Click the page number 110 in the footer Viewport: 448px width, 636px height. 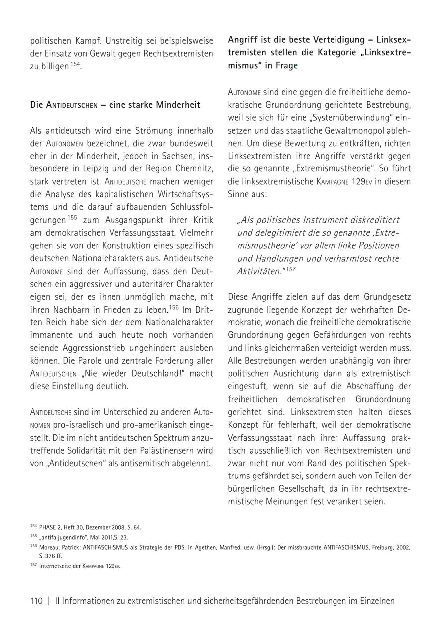click(x=37, y=601)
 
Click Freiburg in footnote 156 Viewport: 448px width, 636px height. click(x=380, y=547)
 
